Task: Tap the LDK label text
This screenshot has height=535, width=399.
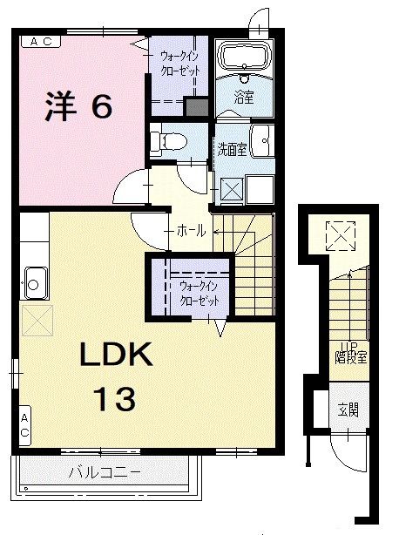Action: click(x=117, y=356)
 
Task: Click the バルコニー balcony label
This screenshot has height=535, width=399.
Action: click(x=104, y=473)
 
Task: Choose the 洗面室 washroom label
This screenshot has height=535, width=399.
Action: click(x=231, y=149)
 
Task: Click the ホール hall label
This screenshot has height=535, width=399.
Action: click(x=191, y=231)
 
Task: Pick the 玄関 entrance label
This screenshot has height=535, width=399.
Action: click(x=348, y=410)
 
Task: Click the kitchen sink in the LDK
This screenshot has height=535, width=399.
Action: click(x=36, y=281)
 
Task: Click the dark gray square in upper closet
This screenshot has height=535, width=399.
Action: click(x=197, y=108)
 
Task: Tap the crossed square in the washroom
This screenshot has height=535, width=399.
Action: click(x=230, y=187)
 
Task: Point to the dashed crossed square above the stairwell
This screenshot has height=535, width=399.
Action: click(x=342, y=234)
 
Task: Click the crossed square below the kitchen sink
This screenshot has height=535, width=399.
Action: click(x=37, y=321)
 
